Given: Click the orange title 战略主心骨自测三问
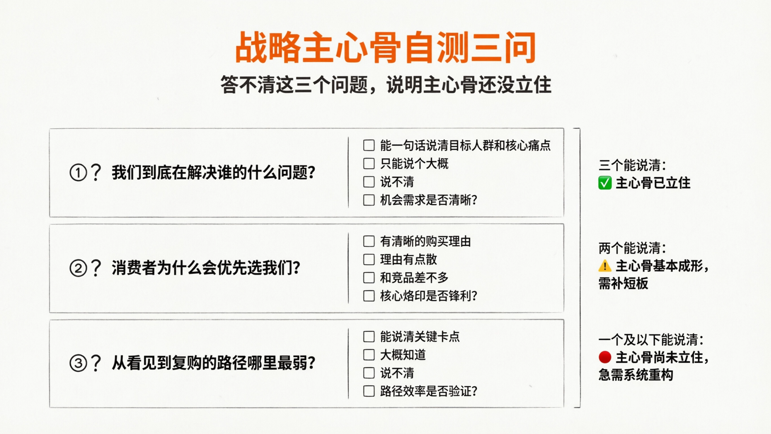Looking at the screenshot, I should click(385, 48).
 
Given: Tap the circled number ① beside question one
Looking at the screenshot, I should click(78, 173).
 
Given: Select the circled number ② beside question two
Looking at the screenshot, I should click(78, 268).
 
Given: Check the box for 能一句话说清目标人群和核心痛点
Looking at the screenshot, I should click(369, 145).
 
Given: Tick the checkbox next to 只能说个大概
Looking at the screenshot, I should click(369, 164).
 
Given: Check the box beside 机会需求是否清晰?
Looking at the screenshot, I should click(369, 200).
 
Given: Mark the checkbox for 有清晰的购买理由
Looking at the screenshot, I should click(369, 241).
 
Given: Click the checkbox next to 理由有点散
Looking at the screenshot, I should click(369, 260).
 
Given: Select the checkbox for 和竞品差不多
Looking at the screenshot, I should click(369, 278).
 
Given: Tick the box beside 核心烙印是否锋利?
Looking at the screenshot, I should click(369, 296).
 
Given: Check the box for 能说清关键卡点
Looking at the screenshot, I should click(369, 337).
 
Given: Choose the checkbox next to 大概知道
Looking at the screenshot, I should click(369, 355).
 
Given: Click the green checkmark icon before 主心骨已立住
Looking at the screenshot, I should click(605, 183).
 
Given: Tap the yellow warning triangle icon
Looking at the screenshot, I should click(605, 266).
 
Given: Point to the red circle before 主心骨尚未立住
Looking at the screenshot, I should click(605, 357).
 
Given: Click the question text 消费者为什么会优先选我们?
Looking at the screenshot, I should click(206, 268).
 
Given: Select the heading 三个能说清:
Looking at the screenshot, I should click(632, 165).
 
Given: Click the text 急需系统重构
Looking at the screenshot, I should click(636, 375).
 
